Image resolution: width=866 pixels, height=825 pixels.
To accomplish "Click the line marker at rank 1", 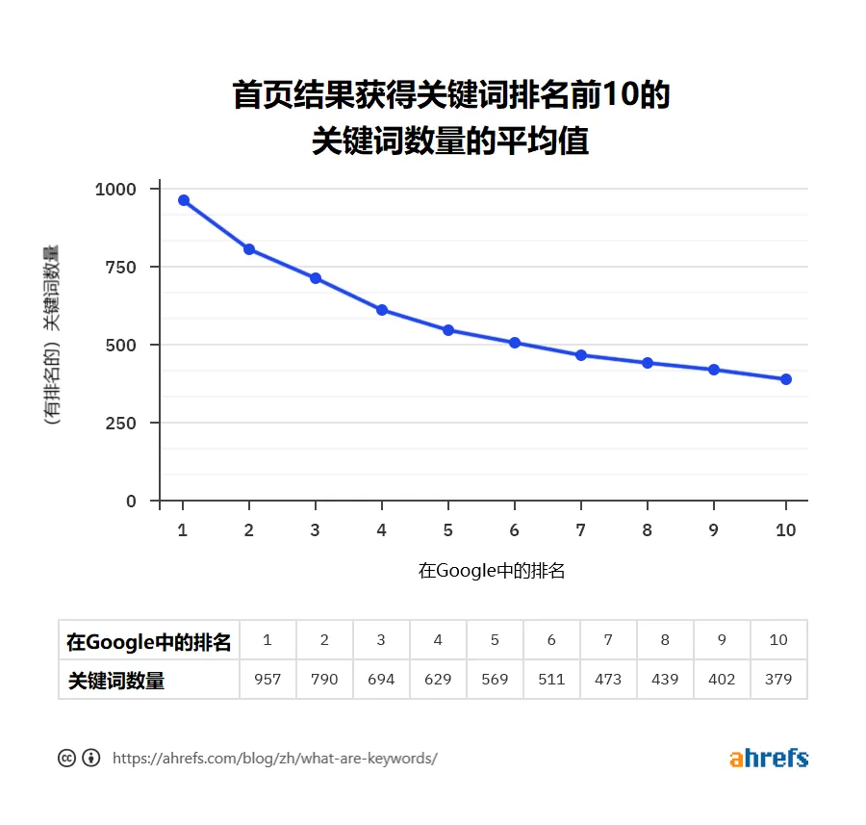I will tap(183, 200).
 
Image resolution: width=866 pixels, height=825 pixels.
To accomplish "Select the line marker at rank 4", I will tap(382, 310).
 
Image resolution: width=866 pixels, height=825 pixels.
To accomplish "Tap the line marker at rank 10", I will tap(786, 379).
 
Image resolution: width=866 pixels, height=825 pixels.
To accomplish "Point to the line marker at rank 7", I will tap(581, 355).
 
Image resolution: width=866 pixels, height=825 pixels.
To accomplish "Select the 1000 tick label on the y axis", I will tap(115, 189).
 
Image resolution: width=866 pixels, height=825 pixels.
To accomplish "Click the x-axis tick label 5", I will tap(448, 529).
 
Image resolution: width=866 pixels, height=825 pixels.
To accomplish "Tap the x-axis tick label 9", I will tap(714, 529).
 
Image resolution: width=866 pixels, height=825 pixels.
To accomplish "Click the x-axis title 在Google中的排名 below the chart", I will tap(491, 571).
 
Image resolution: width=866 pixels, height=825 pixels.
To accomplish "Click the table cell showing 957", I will tap(267, 679).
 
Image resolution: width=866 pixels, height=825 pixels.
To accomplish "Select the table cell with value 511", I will tap(551, 679).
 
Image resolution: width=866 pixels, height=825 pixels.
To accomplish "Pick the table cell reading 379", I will tap(778, 679).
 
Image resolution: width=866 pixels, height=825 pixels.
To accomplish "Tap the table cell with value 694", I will tap(381, 679).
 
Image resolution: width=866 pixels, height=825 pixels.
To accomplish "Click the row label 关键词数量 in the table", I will tap(116, 680).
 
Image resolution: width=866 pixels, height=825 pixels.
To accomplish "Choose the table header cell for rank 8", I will tap(665, 640).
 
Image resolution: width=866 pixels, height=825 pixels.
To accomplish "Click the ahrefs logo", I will tap(768, 758).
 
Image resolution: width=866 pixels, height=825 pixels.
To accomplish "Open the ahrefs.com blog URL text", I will tap(275, 759).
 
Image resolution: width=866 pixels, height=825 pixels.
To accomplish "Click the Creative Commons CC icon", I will tap(66, 758).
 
